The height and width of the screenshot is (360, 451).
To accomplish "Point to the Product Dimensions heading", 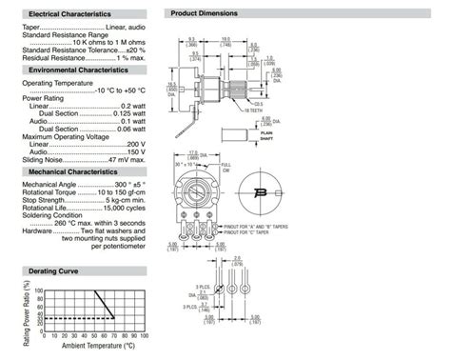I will click(204, 14).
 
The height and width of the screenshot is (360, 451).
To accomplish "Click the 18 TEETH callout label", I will click(253, 110).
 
